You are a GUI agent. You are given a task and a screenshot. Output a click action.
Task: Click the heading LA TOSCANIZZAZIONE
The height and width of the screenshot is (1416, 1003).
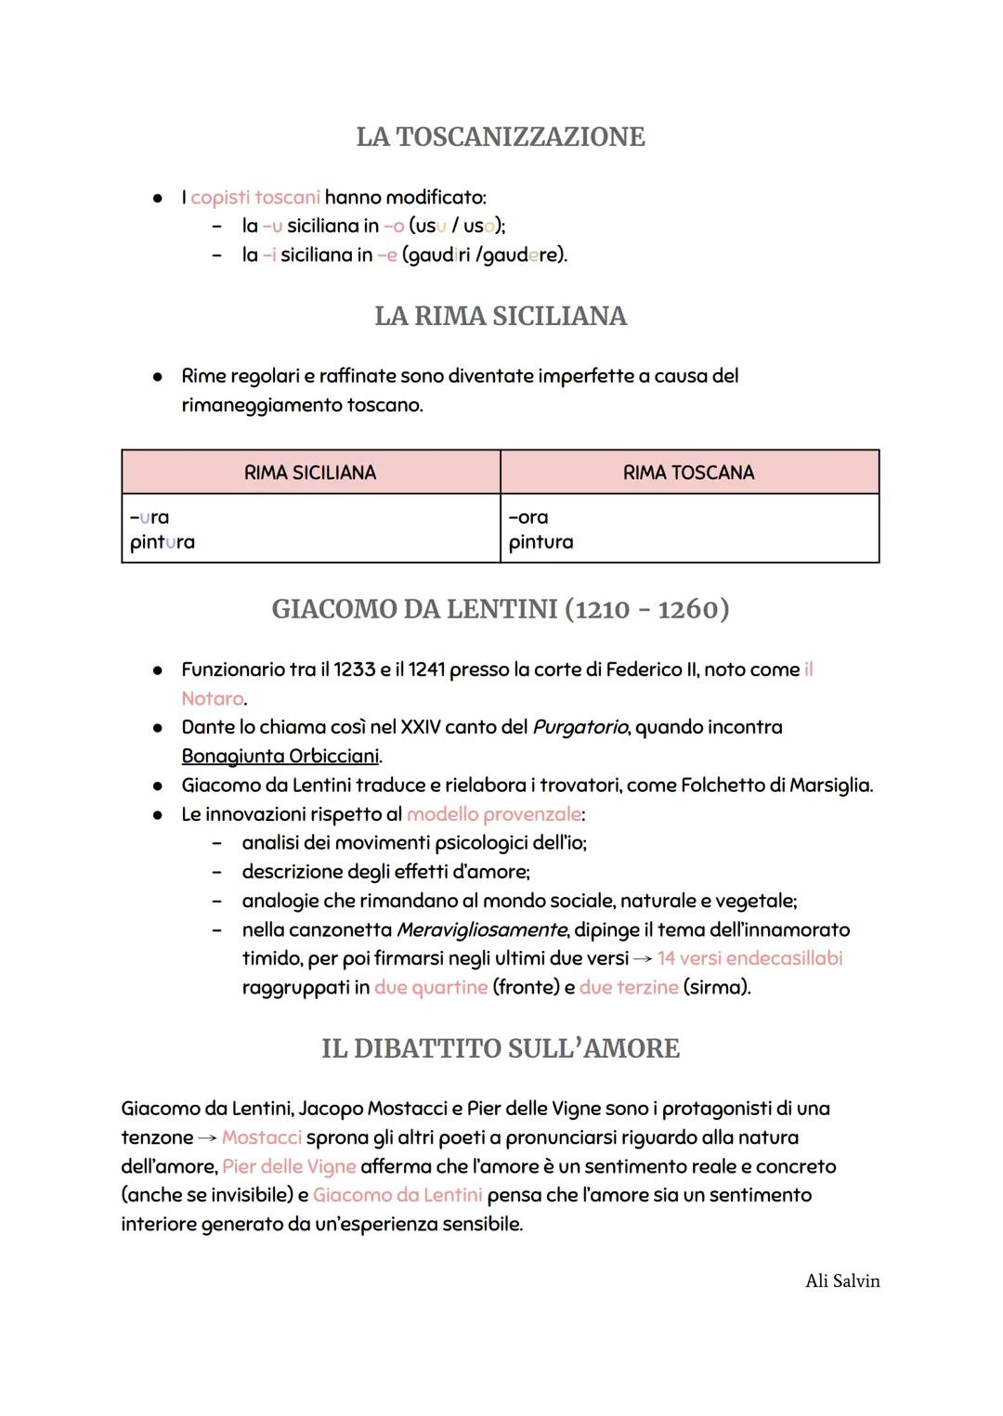tap(501, 136)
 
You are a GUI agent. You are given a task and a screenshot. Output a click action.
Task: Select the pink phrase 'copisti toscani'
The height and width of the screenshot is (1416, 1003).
tap(255, 198)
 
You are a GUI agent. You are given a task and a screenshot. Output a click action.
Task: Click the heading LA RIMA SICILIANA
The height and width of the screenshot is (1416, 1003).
tap(501, 317)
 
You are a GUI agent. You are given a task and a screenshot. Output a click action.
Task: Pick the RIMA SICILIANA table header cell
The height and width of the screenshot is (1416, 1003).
tap(310, 473)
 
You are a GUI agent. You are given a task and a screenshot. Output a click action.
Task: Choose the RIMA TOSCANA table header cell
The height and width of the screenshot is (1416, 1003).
tap(688, 473)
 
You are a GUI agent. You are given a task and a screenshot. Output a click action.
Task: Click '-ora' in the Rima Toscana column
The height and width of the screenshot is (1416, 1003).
tap(528, 517)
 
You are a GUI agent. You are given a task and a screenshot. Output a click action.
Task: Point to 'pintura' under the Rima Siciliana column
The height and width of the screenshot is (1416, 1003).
tap(163, 542)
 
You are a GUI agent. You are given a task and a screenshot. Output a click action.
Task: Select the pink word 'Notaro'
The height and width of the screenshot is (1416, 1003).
tap(213, 698)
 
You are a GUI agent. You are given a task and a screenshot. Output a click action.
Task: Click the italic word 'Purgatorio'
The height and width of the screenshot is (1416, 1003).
tap(580, 727)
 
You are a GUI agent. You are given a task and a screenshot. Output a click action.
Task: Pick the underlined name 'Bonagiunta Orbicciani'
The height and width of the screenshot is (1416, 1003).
tap(280, 756)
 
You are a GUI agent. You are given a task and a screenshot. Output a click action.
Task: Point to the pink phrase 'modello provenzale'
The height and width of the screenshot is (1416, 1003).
tap(494, 814)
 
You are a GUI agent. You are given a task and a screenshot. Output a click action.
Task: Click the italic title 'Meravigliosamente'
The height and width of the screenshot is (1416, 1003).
tap(481, 929)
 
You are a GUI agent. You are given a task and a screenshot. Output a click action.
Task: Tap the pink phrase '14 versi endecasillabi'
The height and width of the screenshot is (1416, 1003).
tap(750, 958)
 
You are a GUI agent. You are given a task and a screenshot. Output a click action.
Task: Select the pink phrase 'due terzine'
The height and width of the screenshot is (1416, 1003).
tap(629, 987)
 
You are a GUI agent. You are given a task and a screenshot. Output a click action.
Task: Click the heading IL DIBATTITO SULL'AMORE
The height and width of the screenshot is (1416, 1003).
tap(501, 1048)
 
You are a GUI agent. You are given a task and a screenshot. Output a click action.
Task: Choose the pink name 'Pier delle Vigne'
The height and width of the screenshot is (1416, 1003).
tap(289, 1166)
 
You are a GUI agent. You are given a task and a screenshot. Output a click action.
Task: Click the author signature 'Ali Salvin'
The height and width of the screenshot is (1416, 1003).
tap(842, 1281)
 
